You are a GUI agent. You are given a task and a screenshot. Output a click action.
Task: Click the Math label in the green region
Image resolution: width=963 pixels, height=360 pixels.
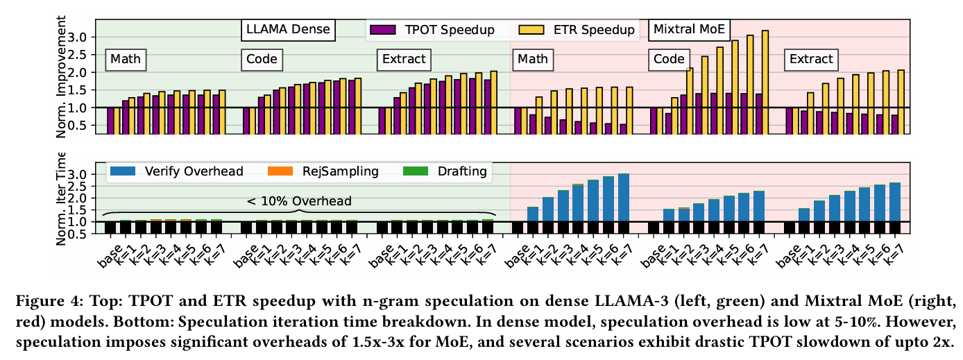point(125,60)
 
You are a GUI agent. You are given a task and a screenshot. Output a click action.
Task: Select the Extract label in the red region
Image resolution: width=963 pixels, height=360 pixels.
point(811,60)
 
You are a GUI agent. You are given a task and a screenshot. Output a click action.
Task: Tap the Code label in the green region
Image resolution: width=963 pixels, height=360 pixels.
point(260,60)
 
